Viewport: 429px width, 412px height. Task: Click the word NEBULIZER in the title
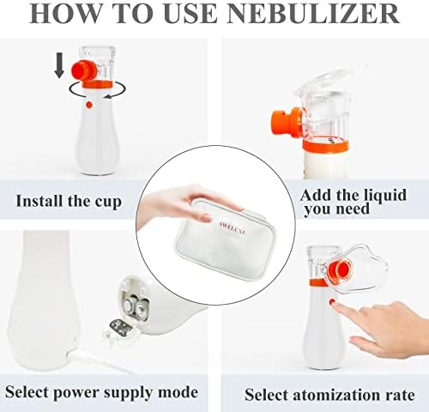313,14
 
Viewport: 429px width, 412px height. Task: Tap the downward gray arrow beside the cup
59,65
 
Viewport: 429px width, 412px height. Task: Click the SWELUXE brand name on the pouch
233,228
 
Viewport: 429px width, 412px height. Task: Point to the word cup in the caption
108,202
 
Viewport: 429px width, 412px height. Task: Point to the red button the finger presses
332,302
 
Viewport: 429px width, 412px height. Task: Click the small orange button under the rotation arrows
89,105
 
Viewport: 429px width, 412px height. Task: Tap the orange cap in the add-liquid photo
286,122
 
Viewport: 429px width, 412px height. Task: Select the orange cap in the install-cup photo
83,70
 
